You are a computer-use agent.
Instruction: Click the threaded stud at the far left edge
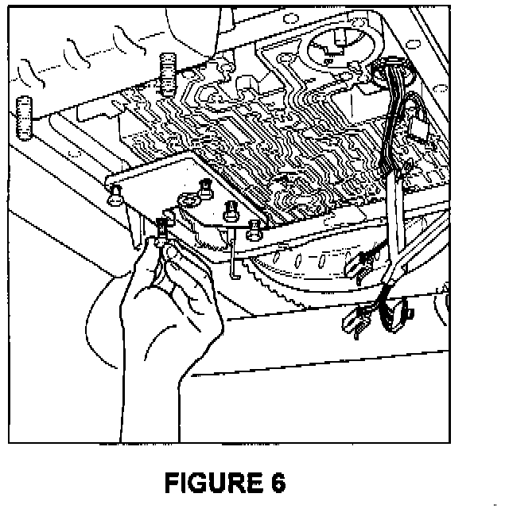pos(23,115)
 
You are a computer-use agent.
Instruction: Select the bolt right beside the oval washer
pos(205,188)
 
